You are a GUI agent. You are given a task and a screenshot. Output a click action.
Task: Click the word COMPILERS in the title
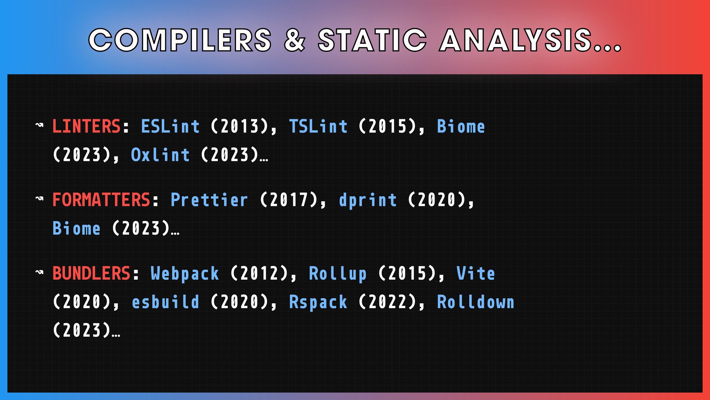[x=180, y=40]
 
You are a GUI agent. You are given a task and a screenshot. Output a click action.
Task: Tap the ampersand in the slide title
[x=295, y=40]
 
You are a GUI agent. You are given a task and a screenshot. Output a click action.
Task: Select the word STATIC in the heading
[x=372, y=40]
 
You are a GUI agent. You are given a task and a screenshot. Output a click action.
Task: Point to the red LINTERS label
[x=87, y=126]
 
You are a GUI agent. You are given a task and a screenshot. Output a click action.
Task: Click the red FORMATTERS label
[x=101, y=200]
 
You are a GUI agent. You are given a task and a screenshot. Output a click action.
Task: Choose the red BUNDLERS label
[x=91, y=273]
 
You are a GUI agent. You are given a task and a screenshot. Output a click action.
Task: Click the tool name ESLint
[x=170, y=126]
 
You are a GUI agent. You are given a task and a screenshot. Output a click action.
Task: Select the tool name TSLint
[x=318, y=126]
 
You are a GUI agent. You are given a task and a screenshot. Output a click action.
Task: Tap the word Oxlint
[x=160, y=155]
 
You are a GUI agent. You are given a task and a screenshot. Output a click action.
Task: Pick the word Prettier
[x=209, y=200]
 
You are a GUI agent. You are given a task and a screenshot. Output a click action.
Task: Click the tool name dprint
[x=368, y=200]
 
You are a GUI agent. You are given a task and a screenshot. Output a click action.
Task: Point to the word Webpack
[x=185, y=273]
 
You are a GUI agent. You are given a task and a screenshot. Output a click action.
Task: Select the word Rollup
[x=338, y=273]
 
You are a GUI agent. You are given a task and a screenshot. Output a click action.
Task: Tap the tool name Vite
[x=476, y=273]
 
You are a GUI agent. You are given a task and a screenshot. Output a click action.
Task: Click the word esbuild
[x=166, y=302]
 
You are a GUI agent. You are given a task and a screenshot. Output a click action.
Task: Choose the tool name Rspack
[x=318, y=302]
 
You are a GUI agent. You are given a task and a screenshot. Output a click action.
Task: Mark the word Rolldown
[x=476, y=302]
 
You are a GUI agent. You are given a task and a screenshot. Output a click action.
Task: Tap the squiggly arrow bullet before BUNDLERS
[x=39, y=272]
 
